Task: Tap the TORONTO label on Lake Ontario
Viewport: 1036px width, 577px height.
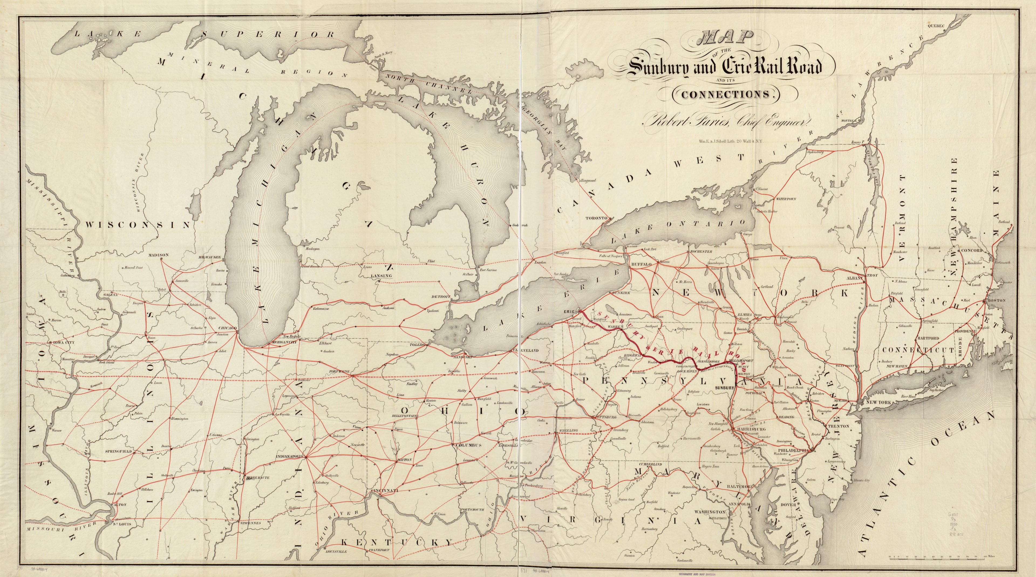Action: (596, 218)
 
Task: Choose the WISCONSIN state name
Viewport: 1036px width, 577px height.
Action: (138, 225)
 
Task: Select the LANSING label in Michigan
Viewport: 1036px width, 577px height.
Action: (380, 276)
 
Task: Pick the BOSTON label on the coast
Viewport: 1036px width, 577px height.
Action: (997, 300)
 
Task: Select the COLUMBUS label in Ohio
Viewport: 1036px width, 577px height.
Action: (468, 445)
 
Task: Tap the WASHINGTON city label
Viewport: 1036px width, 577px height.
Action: (710, 512)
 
